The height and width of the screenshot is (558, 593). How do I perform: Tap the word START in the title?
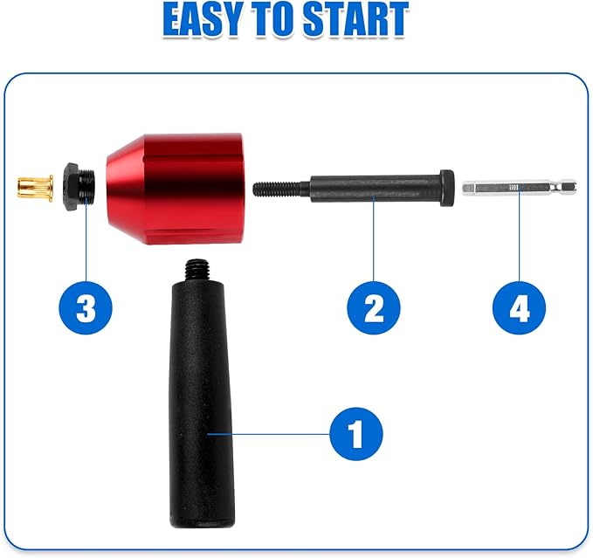[x=358, y=21]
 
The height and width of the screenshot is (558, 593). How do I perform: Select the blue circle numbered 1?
[x=356, y=432]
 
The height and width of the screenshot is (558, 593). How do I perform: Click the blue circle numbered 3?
[x=86, y=307]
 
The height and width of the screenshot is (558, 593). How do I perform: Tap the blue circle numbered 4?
[x=519, y=307]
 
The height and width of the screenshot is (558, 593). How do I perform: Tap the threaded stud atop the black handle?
[x=197, y=265]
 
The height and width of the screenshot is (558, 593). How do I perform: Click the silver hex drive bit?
[x=519, y=187]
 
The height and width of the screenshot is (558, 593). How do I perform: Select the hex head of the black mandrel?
[x=446, y=187]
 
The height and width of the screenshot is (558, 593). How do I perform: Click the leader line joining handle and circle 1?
[x=271, y=432]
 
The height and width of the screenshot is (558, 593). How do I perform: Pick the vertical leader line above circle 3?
[x=86, y=240]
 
